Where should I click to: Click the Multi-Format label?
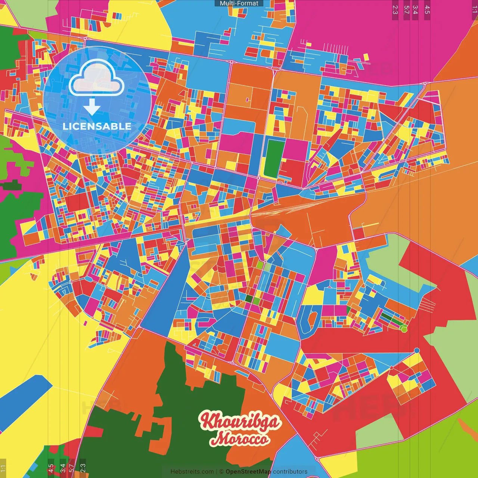[239, 3]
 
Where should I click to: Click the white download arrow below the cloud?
[92, 107]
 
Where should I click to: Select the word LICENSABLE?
[97, 126]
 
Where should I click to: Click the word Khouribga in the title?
[240, 421]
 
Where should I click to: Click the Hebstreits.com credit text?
[192, 472]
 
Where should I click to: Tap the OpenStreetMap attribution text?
[248, 472]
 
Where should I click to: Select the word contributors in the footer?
[290, 472]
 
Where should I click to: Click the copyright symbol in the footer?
[221, 472]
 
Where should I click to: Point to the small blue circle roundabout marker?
[417, 351]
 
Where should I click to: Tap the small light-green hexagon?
[403, 329]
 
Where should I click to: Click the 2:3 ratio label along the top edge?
[395, 10]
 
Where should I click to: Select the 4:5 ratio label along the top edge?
[427, 10]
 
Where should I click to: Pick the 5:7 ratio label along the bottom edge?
[71, 468]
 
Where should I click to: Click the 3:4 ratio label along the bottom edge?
[63, 468]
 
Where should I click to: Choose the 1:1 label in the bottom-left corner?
[3, 468]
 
